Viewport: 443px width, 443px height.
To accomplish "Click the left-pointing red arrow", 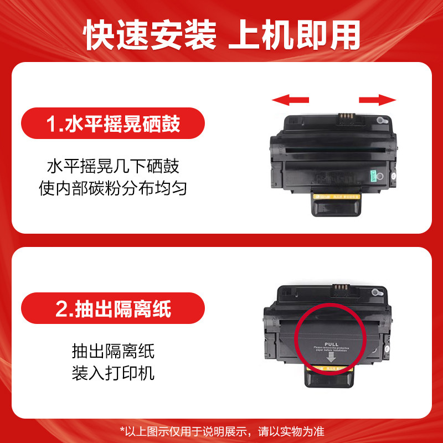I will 290,100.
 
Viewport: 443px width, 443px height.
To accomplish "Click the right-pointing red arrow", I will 378,100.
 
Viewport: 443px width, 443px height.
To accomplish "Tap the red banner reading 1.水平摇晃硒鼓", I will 113,123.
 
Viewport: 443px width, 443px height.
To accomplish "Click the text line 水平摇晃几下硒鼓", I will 113,167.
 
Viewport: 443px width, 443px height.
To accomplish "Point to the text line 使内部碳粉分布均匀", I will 113,189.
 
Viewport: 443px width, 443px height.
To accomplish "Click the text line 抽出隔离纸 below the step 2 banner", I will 113,351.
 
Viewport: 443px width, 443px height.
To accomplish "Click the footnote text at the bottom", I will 221,430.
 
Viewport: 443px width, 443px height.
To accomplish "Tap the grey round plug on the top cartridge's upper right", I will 379,120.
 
